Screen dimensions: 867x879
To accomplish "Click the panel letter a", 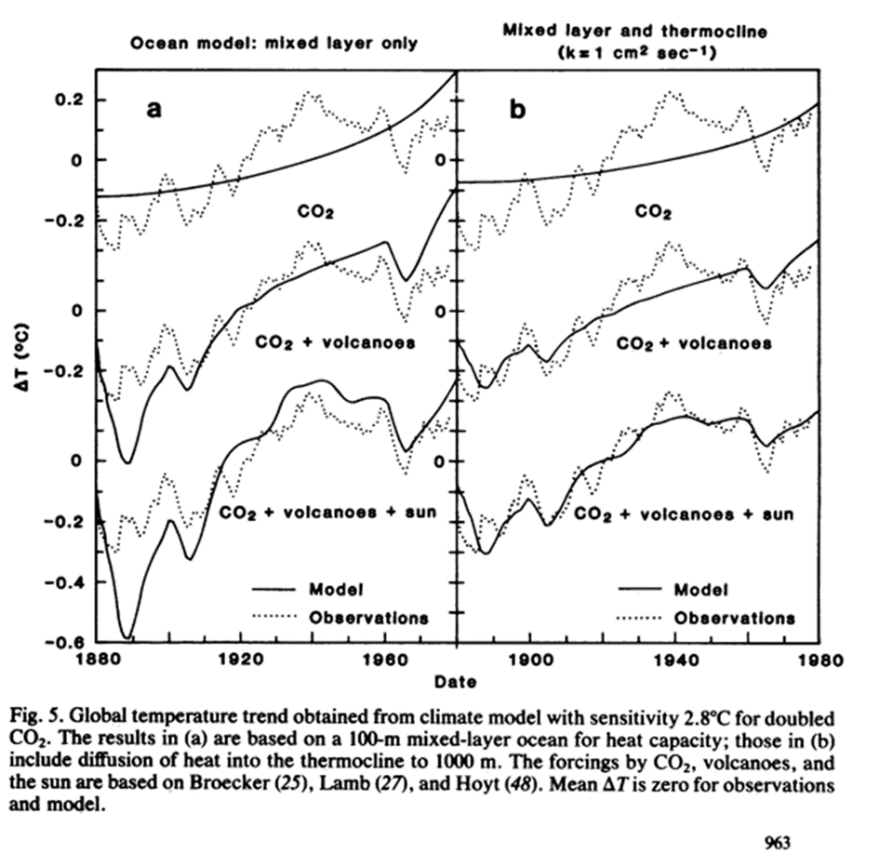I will click(x=154, y=110).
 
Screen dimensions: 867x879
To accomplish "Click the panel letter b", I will click(x=517, y=110).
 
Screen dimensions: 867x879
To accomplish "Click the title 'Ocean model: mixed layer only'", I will click(x=272, y=42).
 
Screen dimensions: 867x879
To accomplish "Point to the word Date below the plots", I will click(x=456, y=682).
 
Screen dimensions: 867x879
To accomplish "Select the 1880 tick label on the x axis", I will click(x=97, y=660).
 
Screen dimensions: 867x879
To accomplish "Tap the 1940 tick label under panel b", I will click(x=674, y=660).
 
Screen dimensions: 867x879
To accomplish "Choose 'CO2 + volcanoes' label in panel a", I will click(x=335, y=342).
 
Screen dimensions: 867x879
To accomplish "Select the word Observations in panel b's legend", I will click(x=735, y=617).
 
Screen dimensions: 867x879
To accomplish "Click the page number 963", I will click(x=778, y=843).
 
